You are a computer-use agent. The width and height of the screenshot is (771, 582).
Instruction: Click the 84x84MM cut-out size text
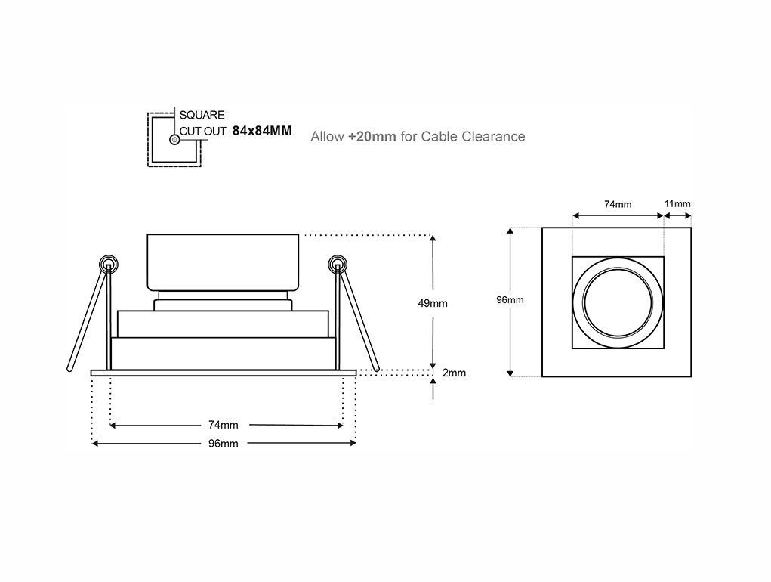pyautogui.click(x=261, y=131)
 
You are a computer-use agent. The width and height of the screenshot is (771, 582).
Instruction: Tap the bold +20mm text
pyautogui.click(x=372, y=137)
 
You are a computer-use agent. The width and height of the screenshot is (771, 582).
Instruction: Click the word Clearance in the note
pyautogui.click(x=495, y=137)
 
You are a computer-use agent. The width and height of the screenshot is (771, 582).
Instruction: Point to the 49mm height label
pyautogui.click(x=433, y=303)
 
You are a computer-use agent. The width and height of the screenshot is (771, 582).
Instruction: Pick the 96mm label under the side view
pyautogui.click(x=224, y=444)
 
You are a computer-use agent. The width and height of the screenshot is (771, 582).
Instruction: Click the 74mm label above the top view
pyautogui.click(x=618, y=204)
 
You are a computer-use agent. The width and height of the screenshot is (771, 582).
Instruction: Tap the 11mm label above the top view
pyautogui.click(x=677, y=204)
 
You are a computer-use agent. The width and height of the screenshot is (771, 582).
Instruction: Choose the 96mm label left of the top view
pyautogui.click(x=510, y=300)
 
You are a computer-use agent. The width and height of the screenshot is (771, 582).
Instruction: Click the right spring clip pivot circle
pyautogui.click(x=337, y=265)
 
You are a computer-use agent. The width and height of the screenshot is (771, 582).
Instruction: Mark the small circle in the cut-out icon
pyautogui.click(x=174, y=140)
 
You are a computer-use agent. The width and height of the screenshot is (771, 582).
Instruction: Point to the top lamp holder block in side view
pyautogui.click(x=224, y=262)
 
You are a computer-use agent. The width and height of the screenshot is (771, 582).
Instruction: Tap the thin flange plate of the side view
pyautogui.click(x=224, y=373)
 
